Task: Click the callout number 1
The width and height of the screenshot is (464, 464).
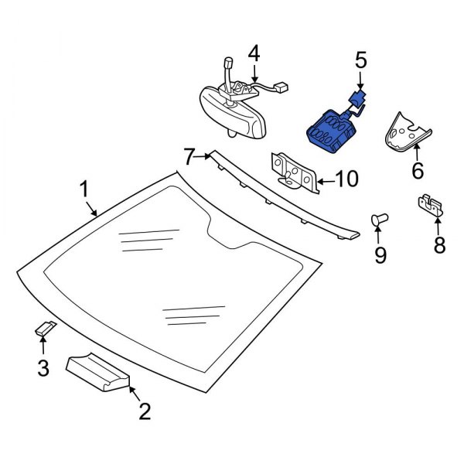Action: (84, 188)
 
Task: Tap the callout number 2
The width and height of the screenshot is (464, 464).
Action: (144, 411)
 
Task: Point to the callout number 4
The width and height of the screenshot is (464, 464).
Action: (254, 55)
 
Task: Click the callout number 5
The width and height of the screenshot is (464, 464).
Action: (360, 59)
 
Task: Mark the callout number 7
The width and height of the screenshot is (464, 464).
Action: (189, 157)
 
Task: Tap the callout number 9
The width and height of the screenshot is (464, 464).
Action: (380, 254)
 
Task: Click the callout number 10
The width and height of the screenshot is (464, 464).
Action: (346, 181)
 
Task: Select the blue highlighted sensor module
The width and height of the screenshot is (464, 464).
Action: (331, 129)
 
